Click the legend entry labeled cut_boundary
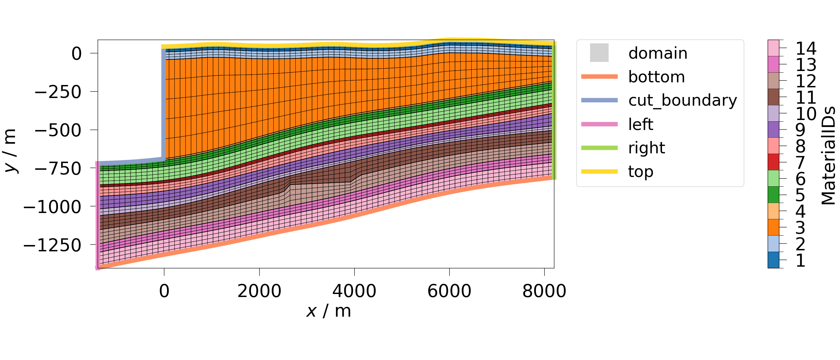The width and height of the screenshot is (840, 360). tap(682, 100)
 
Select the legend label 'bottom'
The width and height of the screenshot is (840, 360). tap(656, 77)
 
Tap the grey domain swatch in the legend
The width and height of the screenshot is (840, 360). tap(599, 53)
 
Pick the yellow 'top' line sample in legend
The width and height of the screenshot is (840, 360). tap(599, 172)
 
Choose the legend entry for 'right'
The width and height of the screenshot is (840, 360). tap(646, 148)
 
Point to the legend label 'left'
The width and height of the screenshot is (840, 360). tap(640, 124)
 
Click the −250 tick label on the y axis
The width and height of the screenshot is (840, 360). tap(58, 92)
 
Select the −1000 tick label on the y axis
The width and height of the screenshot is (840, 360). tap(52, 207)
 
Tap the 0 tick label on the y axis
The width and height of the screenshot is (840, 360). tap(76, 54)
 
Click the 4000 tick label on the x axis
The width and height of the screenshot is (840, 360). tap(354, 291)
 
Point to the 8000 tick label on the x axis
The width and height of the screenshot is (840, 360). tap(544, 291)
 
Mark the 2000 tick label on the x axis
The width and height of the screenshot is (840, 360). tap(259, 291)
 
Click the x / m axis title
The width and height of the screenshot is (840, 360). tap(329, 311)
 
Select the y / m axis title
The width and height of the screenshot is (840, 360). tap(10, 151)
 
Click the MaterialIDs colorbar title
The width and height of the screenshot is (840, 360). tap(828, 156)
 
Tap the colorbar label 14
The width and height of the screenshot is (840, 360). tap(806, 49)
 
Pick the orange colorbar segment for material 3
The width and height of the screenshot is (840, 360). tap(773, 227)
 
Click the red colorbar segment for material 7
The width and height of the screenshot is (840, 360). tap(773, 162)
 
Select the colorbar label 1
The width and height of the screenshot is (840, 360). tap(800, 260)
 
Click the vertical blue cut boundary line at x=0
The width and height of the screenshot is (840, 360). tap(163, 103)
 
